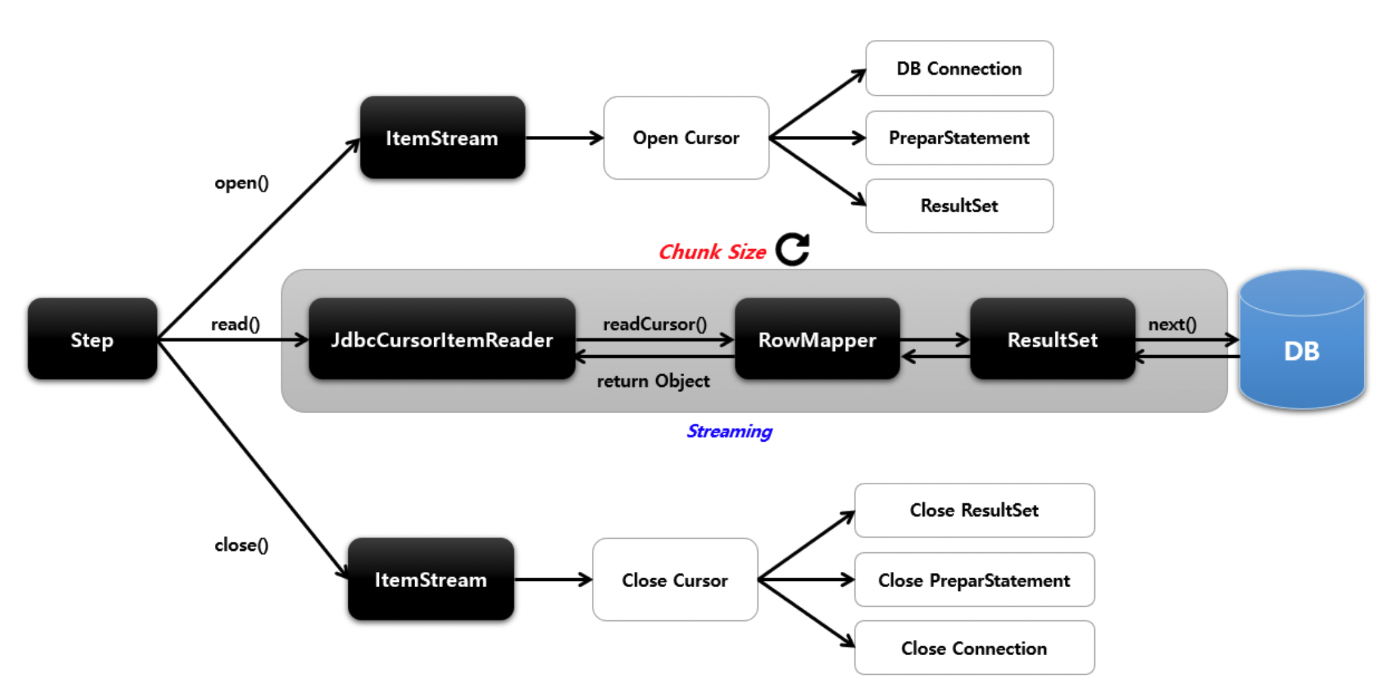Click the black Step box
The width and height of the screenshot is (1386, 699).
click(x=92, y=339)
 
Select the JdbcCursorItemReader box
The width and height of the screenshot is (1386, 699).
click(x=442, y=339)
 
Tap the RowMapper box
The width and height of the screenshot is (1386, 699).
click(x=817, y=339)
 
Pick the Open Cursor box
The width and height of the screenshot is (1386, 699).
click(x=686, y=138)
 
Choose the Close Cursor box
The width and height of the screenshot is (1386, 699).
click(x=675, y=580)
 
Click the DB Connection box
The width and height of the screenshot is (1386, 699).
click(x=959, y=69)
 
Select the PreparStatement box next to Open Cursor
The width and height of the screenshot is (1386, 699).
click(x=959, y=138)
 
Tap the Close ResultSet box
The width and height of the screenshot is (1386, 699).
click(x=974, y=510)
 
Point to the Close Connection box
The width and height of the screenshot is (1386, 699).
click(x=974, y=648)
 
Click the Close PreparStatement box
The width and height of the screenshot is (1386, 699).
click(x=974, y=580)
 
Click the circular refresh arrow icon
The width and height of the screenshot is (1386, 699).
click(x=793, y=249)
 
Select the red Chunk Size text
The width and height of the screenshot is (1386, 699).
click(x=712, y=252)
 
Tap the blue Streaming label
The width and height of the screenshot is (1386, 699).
click(x=729, y=431)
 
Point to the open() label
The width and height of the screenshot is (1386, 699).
click(x=242, y=183)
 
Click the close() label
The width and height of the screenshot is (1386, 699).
click(x=242, y=545)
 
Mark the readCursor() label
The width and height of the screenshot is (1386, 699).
click(x=655, y=324)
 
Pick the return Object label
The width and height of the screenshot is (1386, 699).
click(x=653, y=381)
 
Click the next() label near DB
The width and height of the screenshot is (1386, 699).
click(x=1172, y=324)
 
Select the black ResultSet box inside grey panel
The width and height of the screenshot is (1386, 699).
click(x=1052, y=339)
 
